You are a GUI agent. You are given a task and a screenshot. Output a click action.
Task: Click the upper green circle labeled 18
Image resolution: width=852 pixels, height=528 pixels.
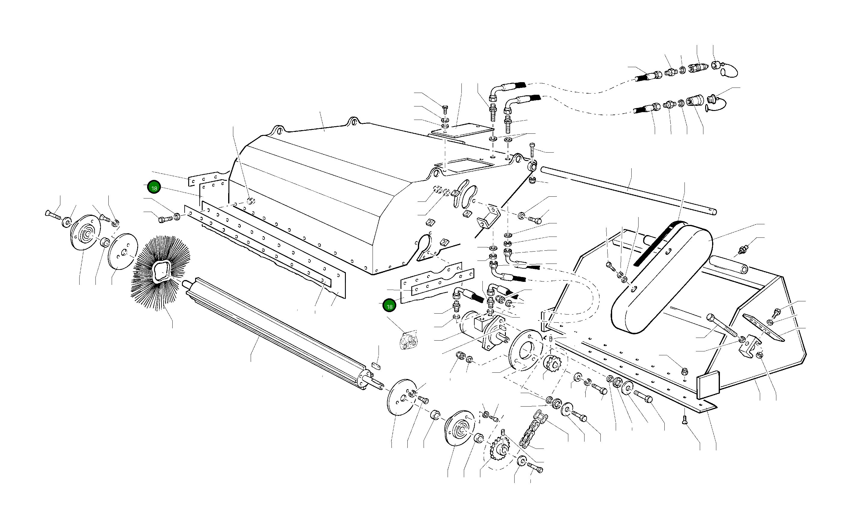tap(154, 188)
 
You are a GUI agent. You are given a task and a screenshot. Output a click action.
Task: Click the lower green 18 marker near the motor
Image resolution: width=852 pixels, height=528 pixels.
tap(389, 306)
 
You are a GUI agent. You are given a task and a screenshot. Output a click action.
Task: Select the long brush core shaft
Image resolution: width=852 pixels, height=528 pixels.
tap(276, 333)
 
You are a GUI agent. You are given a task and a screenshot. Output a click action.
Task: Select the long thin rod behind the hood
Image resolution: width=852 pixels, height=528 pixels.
tap(629, 190)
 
